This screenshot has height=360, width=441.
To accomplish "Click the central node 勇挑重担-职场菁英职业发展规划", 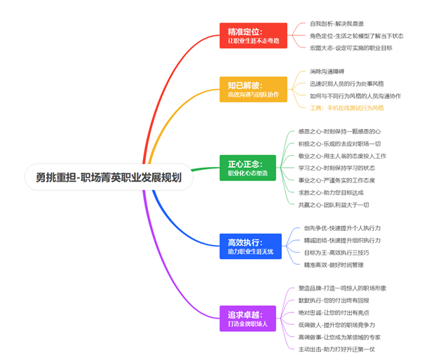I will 108,178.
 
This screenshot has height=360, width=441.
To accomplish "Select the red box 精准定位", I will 252,36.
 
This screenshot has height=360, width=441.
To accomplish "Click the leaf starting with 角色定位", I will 356,36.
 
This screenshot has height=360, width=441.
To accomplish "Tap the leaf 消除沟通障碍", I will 334,72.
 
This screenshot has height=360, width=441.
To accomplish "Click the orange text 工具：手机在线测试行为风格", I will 346,108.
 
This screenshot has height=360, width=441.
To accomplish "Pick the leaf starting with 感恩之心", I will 339,131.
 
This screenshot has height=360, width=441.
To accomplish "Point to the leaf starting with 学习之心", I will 336,168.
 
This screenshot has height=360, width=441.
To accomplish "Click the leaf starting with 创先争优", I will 342,228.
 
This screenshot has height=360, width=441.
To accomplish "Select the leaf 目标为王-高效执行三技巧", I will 341,252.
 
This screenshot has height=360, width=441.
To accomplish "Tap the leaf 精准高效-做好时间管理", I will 333,265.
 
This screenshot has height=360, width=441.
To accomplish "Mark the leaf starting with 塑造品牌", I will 342,288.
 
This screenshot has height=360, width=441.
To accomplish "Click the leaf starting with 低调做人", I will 337,325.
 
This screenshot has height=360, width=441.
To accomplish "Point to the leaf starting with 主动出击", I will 337,349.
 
